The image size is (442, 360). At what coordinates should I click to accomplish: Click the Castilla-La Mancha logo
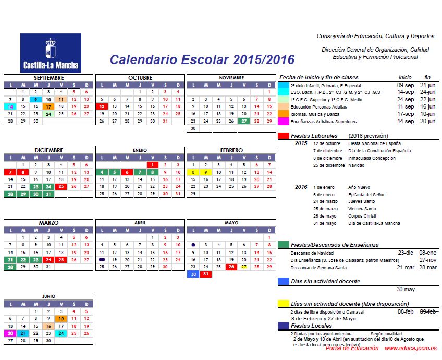51,53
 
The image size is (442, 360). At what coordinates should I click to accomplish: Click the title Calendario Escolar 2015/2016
202,59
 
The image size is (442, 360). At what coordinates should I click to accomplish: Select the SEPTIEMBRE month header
48,78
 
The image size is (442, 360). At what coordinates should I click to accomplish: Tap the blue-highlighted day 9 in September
35,99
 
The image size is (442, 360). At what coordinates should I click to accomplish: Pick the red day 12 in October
102,106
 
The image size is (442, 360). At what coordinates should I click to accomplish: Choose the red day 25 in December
61,186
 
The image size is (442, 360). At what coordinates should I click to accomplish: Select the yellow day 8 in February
193,172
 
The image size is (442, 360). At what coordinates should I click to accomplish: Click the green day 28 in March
10,267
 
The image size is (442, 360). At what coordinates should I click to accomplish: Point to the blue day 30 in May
193,274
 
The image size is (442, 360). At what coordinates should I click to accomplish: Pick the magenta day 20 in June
10,333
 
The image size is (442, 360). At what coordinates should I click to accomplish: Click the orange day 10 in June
61,318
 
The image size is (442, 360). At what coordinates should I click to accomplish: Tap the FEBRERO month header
231,150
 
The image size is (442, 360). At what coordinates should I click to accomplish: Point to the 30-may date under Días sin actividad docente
406,289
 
